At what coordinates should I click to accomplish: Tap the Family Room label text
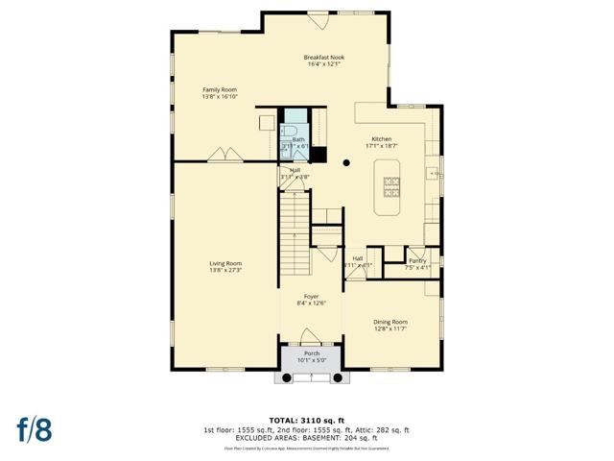click(x=219, y=90)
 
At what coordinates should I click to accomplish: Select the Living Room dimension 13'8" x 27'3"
click(x=226, y=271)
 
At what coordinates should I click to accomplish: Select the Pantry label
click(x=417, y=260)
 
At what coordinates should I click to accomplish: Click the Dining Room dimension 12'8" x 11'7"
click(x=390, y=329)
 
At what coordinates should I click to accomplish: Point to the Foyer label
click(x=312, y=297)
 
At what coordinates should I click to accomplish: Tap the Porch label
click(x=312, y=353)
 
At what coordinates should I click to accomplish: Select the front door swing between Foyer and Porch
click(x=311, y=336)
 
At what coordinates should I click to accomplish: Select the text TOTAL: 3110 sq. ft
click(x=307, y=421)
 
